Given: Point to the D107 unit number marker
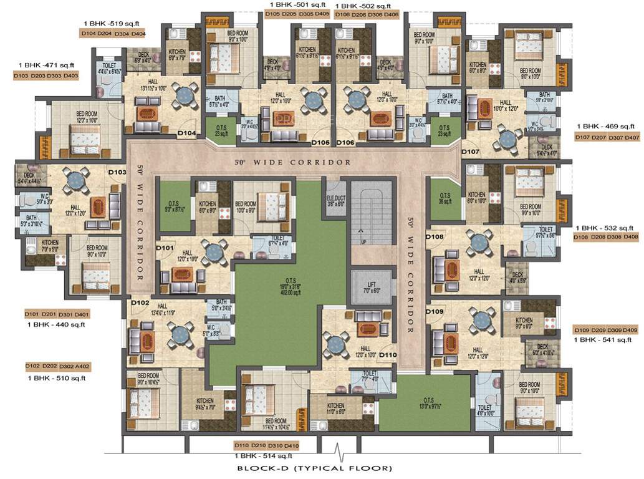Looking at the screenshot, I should point(471,152).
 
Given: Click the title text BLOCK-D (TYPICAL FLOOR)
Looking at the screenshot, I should point(314,468).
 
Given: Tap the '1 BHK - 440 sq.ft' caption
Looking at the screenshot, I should point(56,324).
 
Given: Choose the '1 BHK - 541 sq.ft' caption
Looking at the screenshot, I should point(603,340).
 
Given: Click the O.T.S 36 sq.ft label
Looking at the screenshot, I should point(444,197).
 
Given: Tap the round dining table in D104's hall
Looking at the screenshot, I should point(185,95).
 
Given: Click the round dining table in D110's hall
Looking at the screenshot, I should point(338,341).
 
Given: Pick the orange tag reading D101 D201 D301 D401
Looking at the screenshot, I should point(57,314).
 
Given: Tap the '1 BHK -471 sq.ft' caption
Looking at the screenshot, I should point(47,65).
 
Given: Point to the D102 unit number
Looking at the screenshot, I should point(140,303).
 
